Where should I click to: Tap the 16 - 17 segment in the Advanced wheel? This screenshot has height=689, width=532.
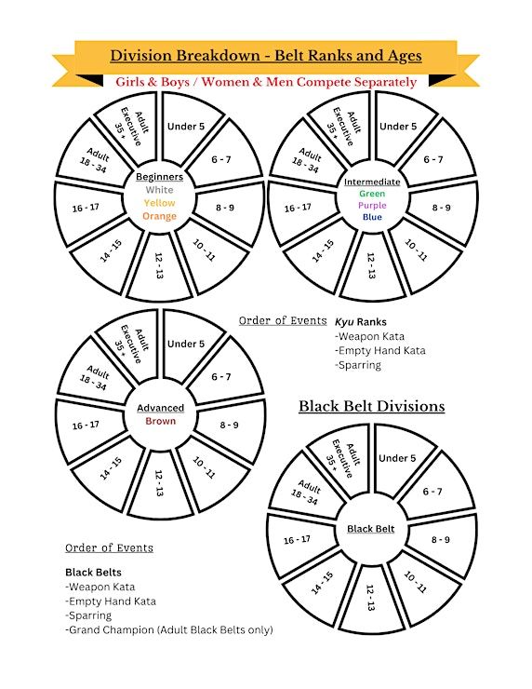(86, 426)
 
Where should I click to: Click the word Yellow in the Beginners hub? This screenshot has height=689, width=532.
(159, 203)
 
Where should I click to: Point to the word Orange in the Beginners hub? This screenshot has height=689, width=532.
(159, 216)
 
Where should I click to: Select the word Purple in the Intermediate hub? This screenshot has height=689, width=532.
(372, 205)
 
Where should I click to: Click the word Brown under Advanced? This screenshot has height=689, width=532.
(160, 421)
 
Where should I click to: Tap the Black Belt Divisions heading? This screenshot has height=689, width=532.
(372, 406)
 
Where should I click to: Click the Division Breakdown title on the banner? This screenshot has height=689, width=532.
(266, 56)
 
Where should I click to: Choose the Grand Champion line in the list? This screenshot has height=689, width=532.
(169, 629)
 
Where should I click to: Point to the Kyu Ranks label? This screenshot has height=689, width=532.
(360, 321)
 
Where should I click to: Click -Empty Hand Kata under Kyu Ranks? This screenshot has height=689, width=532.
(379, 351)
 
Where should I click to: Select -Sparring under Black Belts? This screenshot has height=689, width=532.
(88, 615)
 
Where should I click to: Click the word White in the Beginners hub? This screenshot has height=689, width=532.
(159, 190)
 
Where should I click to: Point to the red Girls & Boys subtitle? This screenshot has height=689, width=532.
(266, 82)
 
